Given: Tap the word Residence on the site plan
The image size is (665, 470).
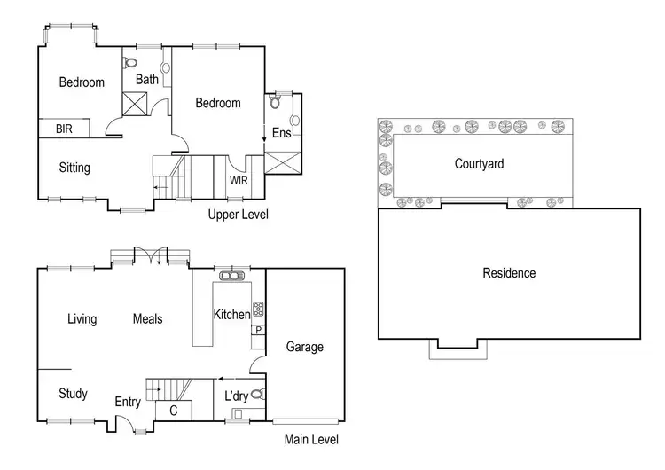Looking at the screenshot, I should pyautogui.click(x=509, y=273).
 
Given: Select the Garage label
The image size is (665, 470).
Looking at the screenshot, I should pyautogui.click(x=304, y=347).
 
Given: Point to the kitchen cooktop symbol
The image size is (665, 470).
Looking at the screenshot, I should pyautogui.click(x=258, y=309).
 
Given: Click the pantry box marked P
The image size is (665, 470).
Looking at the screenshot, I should pyautogui.click(x=258, y=330).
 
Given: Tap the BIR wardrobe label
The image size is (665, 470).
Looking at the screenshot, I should pyautogui.click(x=64, y=129).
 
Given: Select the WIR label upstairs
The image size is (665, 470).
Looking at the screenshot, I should pyautogui.click(x=239, y=181).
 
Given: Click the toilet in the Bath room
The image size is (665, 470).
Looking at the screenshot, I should pyautogui.click(x=133, y=64).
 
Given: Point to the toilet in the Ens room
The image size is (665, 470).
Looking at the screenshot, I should pyautogui.click(x=276, y=102).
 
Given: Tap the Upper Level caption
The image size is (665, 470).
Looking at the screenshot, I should pyautogui.click(x=238, y=215).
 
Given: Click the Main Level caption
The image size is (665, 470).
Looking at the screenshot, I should pyautogui.click(x=311, y=439).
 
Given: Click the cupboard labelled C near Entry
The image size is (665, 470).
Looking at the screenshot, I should pyautogui.click(x=173, y=410).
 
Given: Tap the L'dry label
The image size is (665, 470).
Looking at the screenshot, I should pyautogui.click(x=236, y=395).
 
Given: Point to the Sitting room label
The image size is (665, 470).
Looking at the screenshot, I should pyautogui.click(x=74, y=168).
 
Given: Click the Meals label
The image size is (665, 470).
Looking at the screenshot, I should pyautogui.click(x=148, y=319).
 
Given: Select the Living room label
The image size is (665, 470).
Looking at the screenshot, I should pyautogui.click(x=82, y=319).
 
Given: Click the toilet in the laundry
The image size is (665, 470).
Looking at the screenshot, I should pyautogui.click(x=257, y=395).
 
